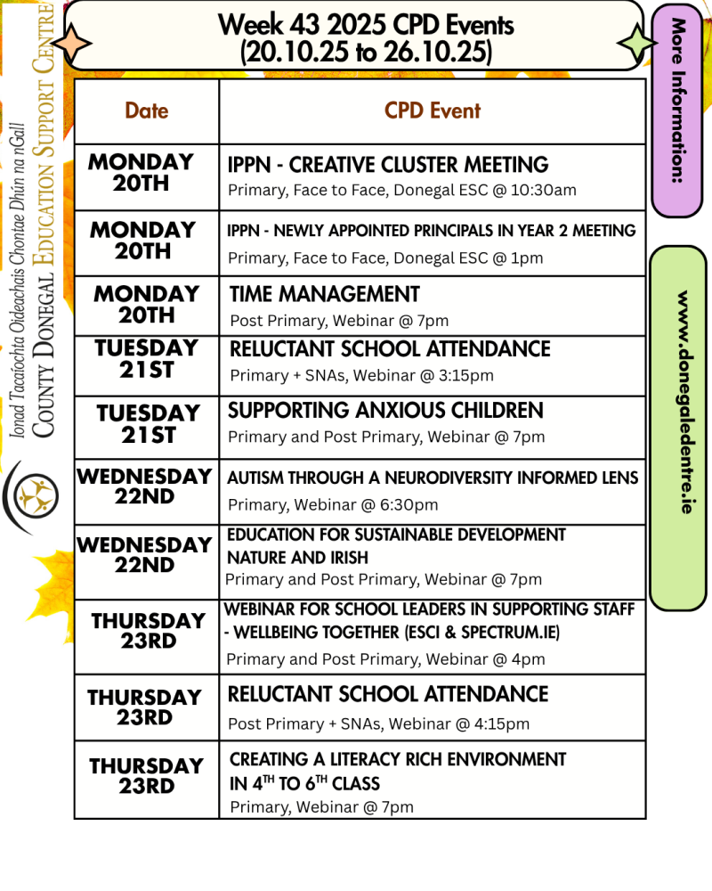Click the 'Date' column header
coord(147,110)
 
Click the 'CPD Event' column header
coord(433,110)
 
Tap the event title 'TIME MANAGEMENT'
coord(325,294)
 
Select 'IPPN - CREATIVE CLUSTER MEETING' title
coord(388,165)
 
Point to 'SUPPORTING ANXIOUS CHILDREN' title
coord(385,411)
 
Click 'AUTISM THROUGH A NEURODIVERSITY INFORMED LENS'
coord(433,478)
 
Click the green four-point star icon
coord(636,42)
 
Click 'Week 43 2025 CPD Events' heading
coord(366,25)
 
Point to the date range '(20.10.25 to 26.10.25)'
coord(366,52)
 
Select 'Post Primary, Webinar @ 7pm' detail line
coord(339,321)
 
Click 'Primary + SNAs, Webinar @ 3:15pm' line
coord(361,375)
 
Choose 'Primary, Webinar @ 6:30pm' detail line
coord(333,505)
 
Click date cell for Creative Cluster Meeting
coord(142,173)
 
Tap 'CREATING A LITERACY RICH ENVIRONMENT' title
coord(398,759)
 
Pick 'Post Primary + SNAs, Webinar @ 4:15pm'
coord(378,724)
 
